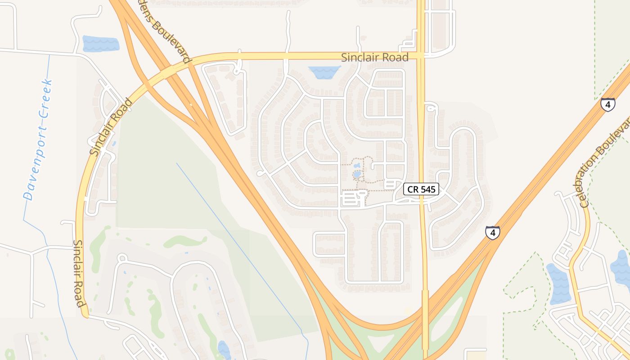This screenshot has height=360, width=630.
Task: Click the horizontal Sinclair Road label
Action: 374,58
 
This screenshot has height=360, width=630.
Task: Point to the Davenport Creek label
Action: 38,139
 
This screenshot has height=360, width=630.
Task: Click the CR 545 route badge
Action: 421,189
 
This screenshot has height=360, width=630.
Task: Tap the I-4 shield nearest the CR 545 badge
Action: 493,233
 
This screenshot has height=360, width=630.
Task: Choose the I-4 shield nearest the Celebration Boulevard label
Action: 607,105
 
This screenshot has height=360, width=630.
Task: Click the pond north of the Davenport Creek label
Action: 100,44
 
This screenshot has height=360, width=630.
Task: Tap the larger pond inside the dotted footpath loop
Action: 357,174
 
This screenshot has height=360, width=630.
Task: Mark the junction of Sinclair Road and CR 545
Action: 421,56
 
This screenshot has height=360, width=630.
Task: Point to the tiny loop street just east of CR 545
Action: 431,107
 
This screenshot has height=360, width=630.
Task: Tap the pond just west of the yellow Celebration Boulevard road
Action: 558,283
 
